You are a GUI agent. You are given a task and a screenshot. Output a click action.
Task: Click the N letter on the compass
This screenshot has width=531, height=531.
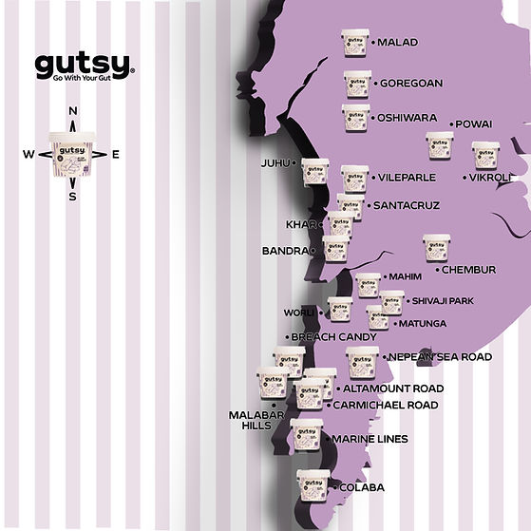[73, 111]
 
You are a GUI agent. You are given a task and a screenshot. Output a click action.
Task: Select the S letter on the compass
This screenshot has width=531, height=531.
[72, 197]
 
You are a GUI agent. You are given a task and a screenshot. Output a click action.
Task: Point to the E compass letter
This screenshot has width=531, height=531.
[116, 155]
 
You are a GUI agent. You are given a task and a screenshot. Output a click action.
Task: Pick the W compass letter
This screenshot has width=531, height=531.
[28, 155]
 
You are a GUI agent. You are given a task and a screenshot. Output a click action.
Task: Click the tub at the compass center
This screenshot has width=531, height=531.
[72, 154]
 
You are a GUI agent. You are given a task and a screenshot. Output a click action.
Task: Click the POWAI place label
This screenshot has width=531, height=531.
[473, 124]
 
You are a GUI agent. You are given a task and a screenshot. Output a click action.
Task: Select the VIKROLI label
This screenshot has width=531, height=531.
[490, 178]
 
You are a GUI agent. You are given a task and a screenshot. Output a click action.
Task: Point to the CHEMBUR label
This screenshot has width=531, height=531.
[468, 270]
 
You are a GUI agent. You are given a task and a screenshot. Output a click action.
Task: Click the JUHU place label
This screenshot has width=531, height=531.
[275, 163]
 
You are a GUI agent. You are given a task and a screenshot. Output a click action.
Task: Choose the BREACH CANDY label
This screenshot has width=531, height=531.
[334, 337]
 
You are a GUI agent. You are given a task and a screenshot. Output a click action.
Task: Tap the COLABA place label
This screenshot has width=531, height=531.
[361, 487]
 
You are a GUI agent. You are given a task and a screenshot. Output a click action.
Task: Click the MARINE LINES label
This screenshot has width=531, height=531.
[370, 439]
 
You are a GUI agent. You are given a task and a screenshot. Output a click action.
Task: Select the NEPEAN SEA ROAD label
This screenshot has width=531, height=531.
[441, 356]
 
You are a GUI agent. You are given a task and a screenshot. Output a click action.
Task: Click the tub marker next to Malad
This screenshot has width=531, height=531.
[354, 43]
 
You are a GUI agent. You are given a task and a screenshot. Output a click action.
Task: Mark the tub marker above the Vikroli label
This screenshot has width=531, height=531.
[485, 155]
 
